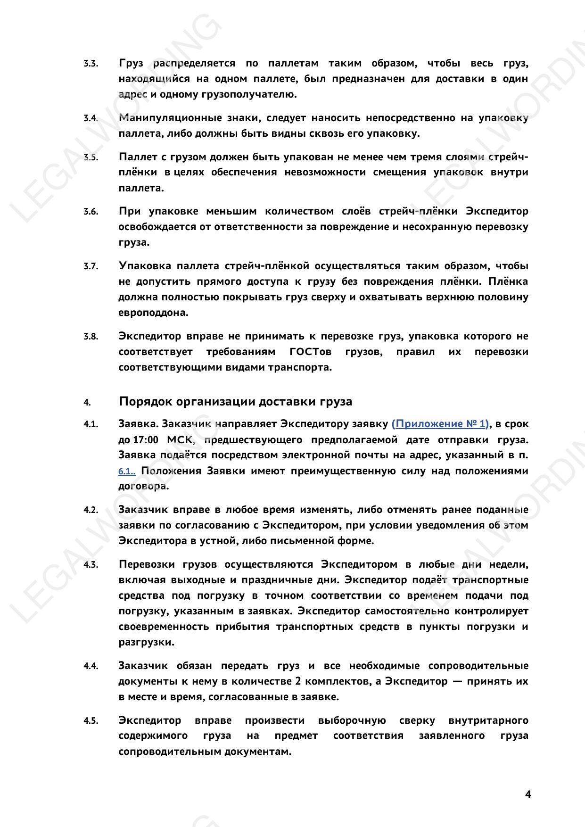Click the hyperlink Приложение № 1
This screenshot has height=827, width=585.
coord(440,424)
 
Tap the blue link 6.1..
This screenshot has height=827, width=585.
coord(126,471)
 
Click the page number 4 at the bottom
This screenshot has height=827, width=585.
coord(528,794)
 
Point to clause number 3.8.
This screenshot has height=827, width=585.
coord(91,337)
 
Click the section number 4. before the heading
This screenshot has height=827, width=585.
coord(87,402)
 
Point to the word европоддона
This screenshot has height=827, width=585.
coord(153,313)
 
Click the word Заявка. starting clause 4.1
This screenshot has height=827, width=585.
coord(138,424)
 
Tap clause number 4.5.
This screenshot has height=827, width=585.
coord(91,720)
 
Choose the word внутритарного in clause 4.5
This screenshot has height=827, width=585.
coord(488,720)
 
